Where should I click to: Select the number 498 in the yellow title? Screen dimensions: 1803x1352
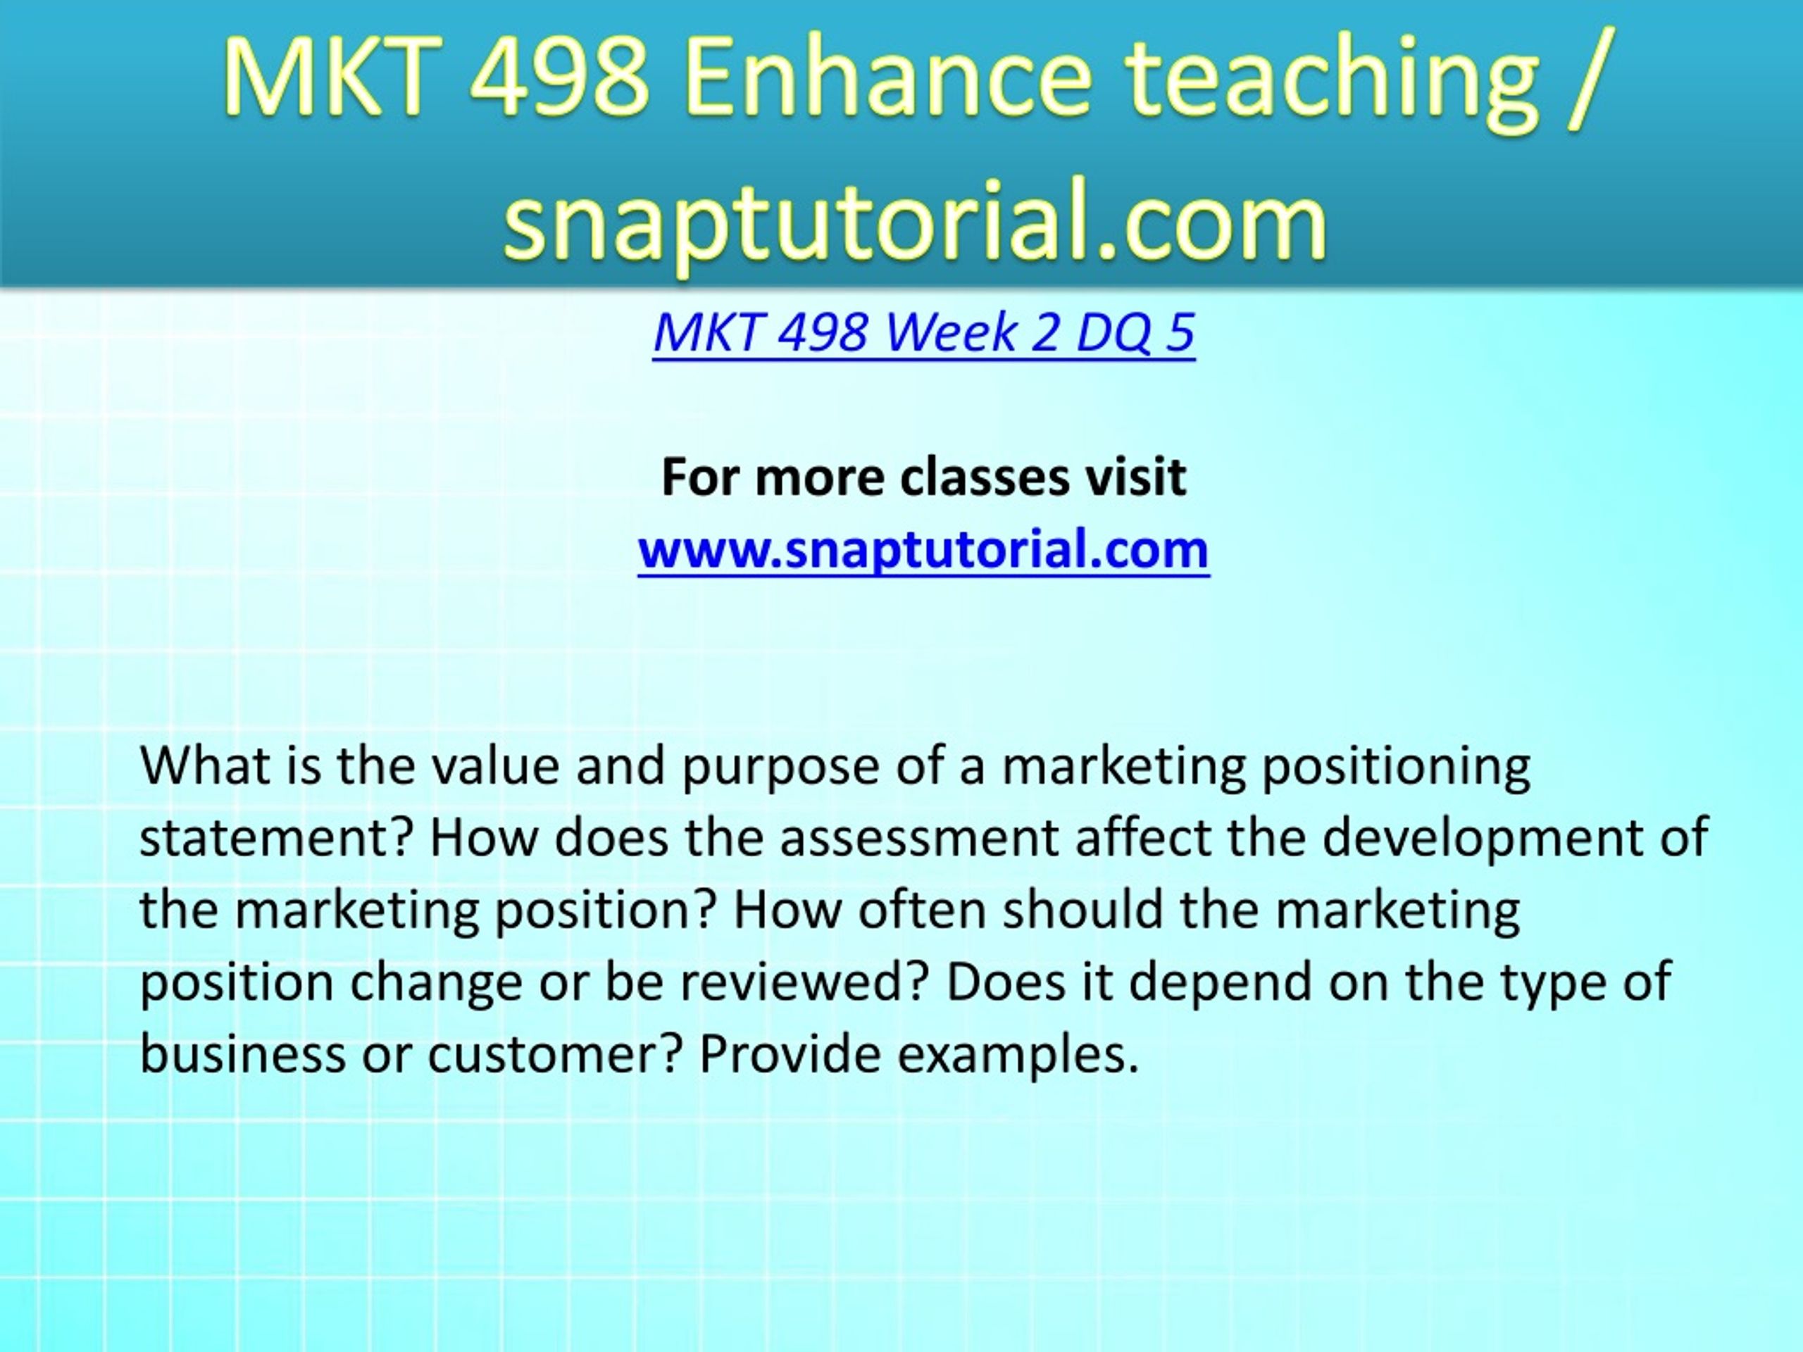559,77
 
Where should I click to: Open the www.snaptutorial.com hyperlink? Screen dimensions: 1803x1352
923,550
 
